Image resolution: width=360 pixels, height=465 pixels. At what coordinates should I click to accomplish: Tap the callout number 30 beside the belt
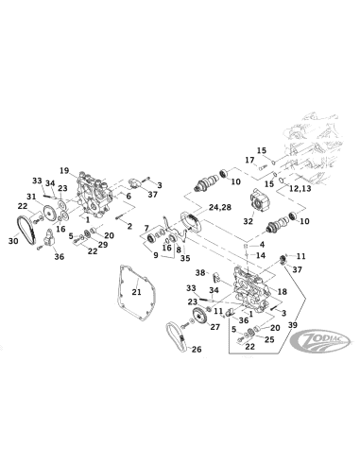13,242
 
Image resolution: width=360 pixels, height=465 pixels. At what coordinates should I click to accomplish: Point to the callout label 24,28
219,206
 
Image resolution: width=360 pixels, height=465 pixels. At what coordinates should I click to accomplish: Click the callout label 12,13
299,188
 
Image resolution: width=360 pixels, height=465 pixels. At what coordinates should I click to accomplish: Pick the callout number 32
249,221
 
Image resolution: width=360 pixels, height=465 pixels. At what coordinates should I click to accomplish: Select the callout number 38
200,272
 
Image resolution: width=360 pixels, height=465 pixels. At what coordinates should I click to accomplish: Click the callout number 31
29,196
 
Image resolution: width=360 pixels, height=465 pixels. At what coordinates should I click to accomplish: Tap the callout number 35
184,256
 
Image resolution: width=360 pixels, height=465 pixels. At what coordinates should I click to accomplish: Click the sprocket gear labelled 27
197,318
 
